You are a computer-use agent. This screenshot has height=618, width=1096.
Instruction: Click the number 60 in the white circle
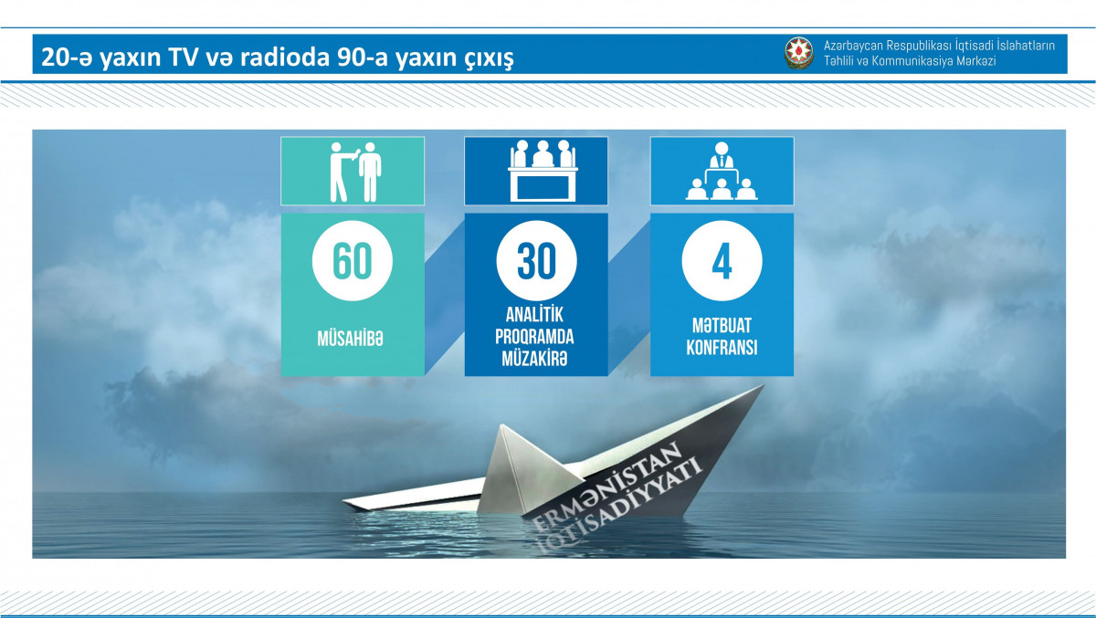pyautogui.click(x=353, y=260)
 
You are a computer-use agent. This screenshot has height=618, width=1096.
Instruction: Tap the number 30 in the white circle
pyautogui.click(x=536, y=260)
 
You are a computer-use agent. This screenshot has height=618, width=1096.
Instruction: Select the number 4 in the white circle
pyautogui.click(x=722, y=261)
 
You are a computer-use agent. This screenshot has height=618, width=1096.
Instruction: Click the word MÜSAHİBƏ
pyautogui.click(x=351, y=339)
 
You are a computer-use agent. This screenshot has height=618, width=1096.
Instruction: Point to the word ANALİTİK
pyautogui.click(x=534, y=315)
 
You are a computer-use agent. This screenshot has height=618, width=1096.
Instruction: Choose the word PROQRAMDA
pyautogui.click(x=534, y=337)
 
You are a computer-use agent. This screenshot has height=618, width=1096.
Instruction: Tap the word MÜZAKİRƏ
pyautogui.click(x=534, y=360)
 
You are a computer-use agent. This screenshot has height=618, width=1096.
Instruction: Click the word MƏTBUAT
pyautogui.click(x=722, y=326)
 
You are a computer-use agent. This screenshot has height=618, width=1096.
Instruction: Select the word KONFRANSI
pyautogui.click(x=722, y=348)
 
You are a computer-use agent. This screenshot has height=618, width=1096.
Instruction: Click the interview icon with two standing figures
pyautogui.click(x=355, y=172)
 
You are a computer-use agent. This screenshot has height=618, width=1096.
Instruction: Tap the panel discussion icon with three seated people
pyautogui.click(x=543, y=171)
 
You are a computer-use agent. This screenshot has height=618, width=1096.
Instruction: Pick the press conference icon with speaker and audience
pyautogui.click(x=722, y=171)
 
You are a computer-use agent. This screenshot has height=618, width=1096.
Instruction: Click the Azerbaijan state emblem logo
pyautogui.click(x=799, y=53)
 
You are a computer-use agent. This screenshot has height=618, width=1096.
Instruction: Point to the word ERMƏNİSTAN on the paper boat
pyautogui.click(x=606, y=487)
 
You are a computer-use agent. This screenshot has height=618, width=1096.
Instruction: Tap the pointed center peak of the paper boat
pyautogui.click(x=502, y=426)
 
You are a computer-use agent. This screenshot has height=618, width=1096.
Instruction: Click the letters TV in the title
pyautogui.click(x=184, y=58)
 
